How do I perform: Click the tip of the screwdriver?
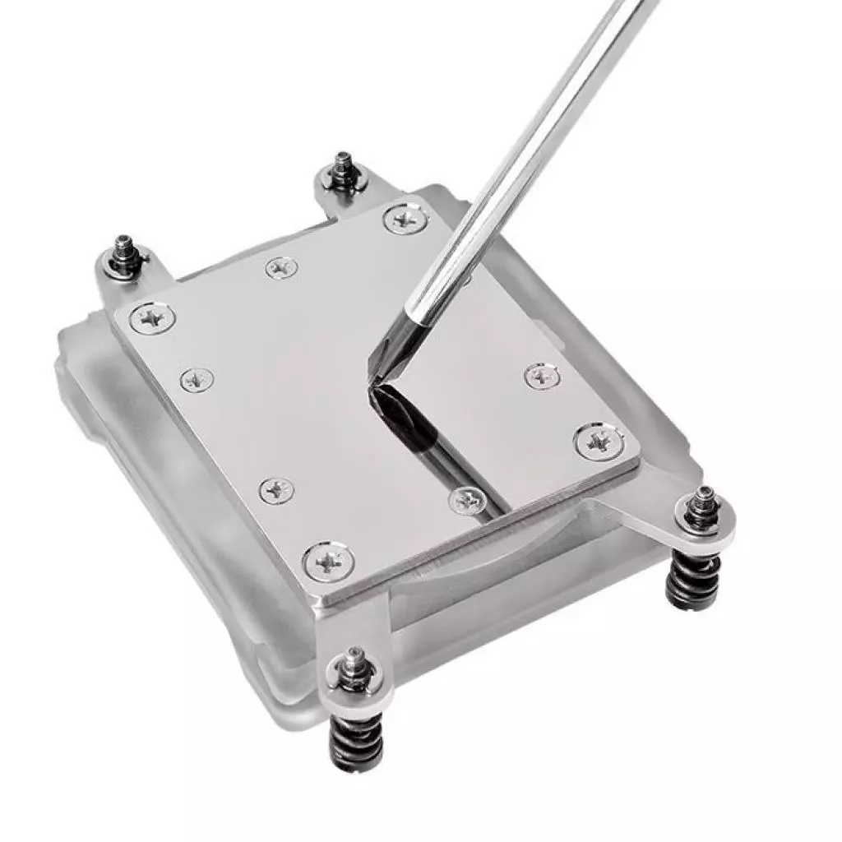click(372, 380)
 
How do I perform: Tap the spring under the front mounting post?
click(356, 739)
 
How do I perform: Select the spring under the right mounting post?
click(692, 579)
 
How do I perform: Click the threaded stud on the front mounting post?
click(354, 662)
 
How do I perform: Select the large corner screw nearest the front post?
click(328, 563)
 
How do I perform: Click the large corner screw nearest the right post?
click(599, 442)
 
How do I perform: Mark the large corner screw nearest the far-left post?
click(153, 317)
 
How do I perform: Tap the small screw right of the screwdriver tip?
click(542, 376)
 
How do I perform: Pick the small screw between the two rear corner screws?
click(281, 267)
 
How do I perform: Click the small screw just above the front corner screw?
click(276, 490)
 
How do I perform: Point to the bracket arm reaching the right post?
click(650, 506)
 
